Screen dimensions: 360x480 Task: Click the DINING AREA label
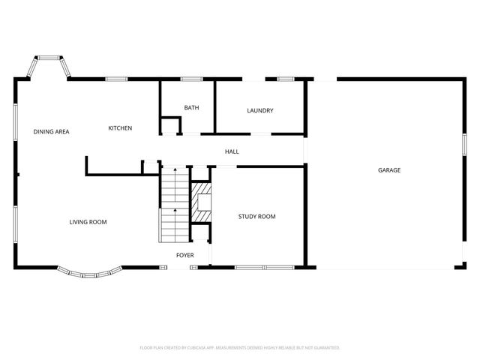pyautogui.click(x=51, y=132)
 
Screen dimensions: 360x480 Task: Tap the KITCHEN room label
pyautogui.click(x=120, y=128)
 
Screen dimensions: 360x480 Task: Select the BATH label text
pyautogui.click(x=191, y=108)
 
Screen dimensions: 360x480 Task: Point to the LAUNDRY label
pyautogui.click(x=259, y=111)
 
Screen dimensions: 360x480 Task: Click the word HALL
pyautogui.click(x=232, y=152)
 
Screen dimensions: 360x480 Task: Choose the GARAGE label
pyautogui.click(x=388, y=170)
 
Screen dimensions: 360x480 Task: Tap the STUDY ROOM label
pyautogui.click(x=256, y=217)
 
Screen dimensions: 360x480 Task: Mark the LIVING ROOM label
pyautogui.click(x=88, y=222)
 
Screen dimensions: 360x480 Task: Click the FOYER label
pyautogui.click(x=184, y=256)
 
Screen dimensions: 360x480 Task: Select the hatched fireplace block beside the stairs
pyautogui.click(x=201, y=202)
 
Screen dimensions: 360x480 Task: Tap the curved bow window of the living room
pyautogui.click(x=88, y=274)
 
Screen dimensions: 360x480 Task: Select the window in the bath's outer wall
pyautogui.click(x=191, y=79)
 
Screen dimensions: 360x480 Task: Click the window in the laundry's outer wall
pyautogui.click(x=285, y=79)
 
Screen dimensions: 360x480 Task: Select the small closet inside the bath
pyautogui.click(x=171, y=126)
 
